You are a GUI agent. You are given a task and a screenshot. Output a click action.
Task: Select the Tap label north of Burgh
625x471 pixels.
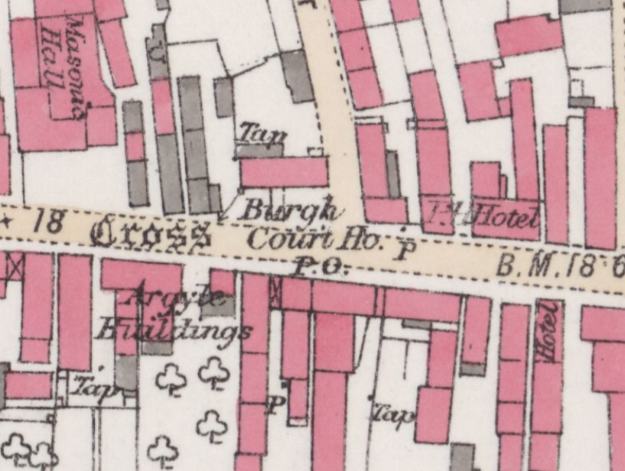[x=261, y=134]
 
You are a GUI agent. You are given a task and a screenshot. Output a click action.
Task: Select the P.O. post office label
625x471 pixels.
[x=322, y=267]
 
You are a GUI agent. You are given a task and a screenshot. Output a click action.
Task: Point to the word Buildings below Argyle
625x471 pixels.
[x=173, y=331]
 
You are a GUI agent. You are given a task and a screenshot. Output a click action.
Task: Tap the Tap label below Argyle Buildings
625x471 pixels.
[x=95, y=388]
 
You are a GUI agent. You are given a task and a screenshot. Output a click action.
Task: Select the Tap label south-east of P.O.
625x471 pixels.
[x=392, y=414]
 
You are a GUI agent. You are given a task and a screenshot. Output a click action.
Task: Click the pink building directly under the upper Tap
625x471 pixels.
[x=284, y=172]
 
